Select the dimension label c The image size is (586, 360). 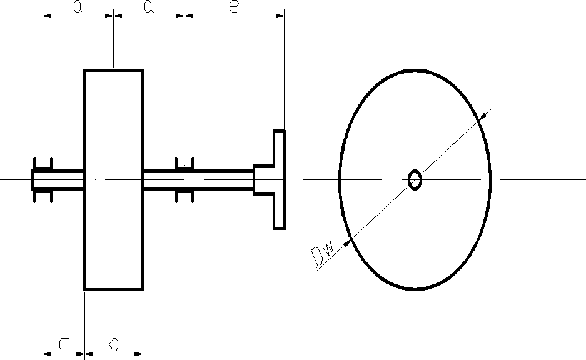coord(64,343)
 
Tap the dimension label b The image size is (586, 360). coord(113,343)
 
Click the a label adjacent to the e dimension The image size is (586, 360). coord(149,7)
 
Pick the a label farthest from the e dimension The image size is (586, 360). coord(78,7)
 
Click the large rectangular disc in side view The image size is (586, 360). coord(113,180)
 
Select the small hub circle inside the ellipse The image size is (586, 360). coord(415,180)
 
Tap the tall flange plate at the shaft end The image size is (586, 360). coord(279,180)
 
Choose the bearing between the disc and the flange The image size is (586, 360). coord(184,180)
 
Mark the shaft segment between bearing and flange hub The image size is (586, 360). coord(222,180)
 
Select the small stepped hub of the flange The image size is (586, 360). coord(263,180)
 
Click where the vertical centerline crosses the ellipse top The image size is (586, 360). coord(415,70)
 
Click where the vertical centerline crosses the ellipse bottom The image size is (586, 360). coord(415,290)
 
